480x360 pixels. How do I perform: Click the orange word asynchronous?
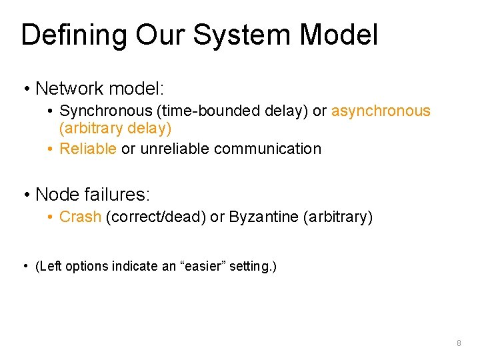(381, 111)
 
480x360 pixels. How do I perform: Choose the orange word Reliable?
(88, 149)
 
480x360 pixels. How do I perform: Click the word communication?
(267, 149)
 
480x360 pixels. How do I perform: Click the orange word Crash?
(80, 217)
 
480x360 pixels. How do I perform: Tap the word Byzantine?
(262, 217)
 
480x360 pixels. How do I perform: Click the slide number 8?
(459, 343)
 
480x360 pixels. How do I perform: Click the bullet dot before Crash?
(51, 217)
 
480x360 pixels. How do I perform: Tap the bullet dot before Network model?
(26, 89)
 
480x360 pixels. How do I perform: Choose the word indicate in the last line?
(135, 267)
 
